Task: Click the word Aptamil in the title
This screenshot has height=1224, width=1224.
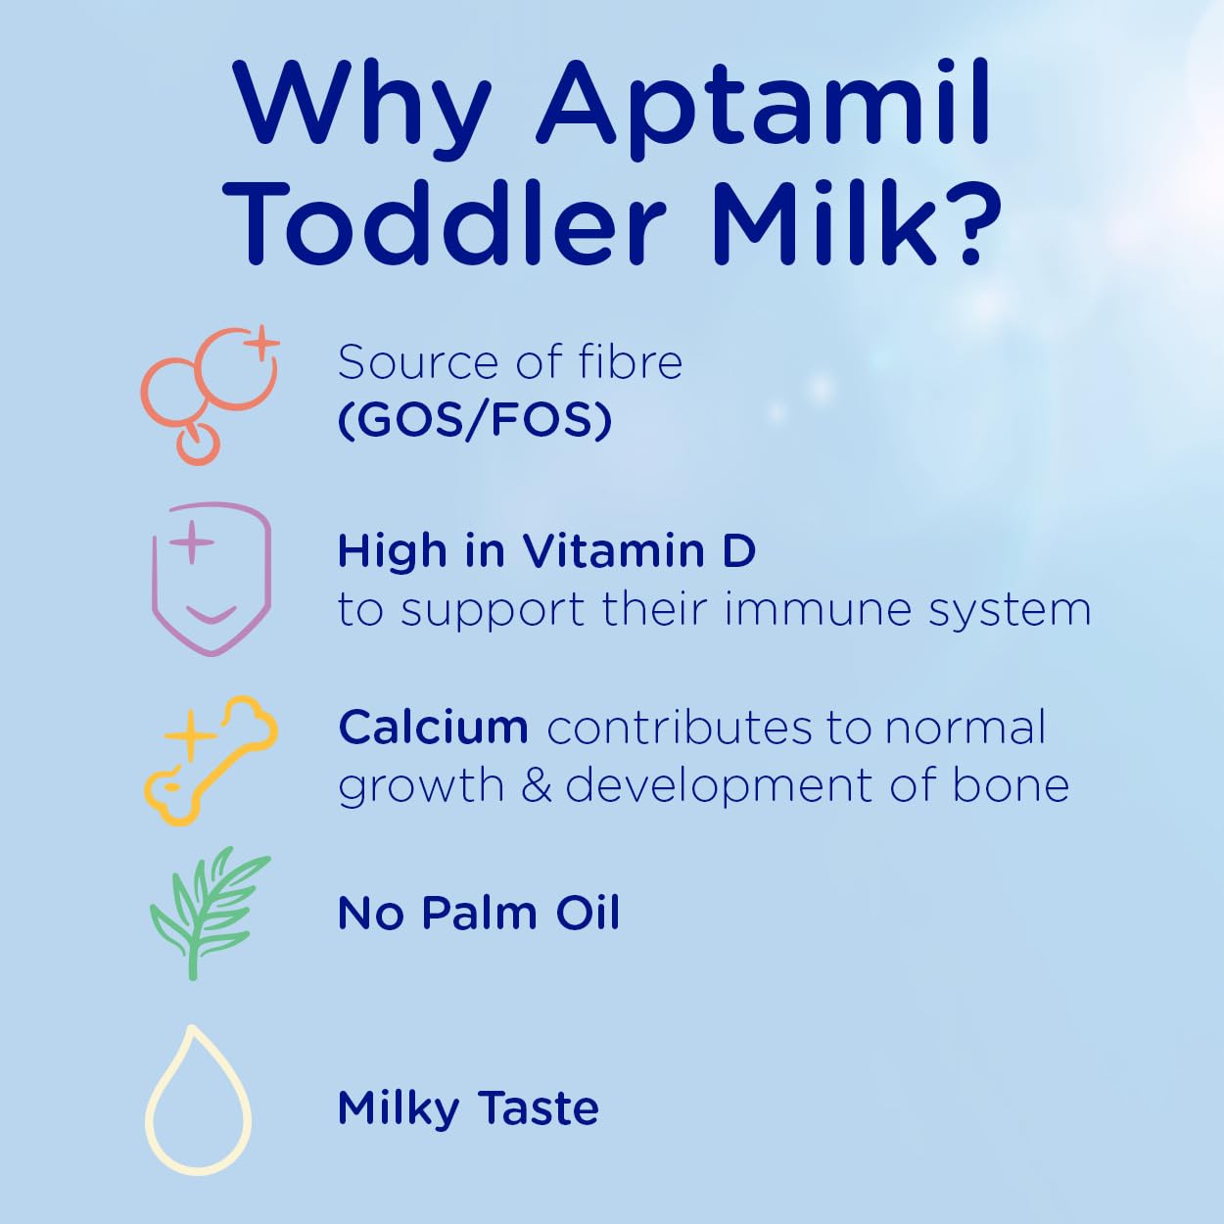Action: coord(763,107)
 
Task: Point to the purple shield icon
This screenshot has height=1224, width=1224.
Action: coord(212,579)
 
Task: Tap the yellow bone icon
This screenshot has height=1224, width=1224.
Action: coord(211,760)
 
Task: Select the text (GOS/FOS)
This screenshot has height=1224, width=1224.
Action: coord(475,420)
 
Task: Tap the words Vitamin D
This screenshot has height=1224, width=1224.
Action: coord(639,550)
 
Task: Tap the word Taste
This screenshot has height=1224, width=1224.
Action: coord(538,1107)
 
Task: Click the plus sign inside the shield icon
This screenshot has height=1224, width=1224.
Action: coord(191,542)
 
